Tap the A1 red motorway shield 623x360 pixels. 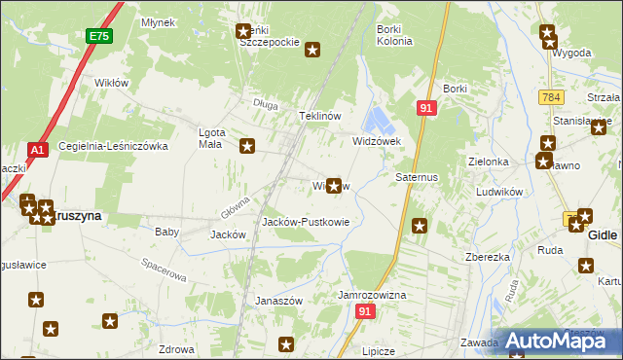coord(37,151)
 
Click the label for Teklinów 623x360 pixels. coord(319,116)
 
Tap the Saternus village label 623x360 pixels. coord(418,178)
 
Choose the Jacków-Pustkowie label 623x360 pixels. coord(306,222)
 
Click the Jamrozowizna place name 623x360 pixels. coord(372,294)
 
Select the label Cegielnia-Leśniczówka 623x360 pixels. coord(114,146)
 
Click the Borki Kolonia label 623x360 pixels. coord(394,35)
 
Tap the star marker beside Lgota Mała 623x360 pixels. coord(247,146)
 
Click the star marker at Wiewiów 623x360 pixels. coord(335,185)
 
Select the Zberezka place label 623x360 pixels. coord(489,258)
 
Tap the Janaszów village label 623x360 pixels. coord(280,301)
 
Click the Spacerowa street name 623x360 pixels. coord(163,269)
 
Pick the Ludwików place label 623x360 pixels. coord(500,193)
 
